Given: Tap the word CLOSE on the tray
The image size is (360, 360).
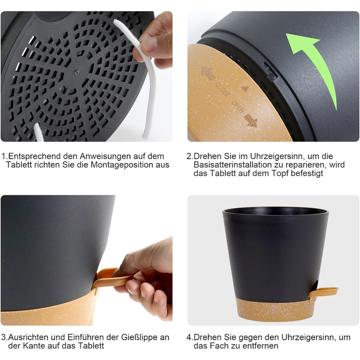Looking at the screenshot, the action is [222, 90].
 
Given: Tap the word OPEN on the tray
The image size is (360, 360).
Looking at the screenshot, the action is [238, 107].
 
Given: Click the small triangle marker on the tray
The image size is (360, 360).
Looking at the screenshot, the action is [245, 89].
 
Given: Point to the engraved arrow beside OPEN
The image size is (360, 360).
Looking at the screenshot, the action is [250, 120].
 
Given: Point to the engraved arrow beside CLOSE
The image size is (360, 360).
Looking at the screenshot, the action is [208, 73].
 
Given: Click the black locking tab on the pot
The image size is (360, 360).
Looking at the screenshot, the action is [270, 71].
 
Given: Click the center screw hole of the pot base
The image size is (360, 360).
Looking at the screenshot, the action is [76, 73].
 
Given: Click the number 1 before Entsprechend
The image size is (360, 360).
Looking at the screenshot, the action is [4, 156].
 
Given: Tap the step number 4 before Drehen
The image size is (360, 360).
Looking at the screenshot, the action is [189, 337].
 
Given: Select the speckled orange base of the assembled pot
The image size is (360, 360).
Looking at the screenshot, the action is [275, 310].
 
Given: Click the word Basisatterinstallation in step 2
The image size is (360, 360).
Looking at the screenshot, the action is [236, 165].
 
